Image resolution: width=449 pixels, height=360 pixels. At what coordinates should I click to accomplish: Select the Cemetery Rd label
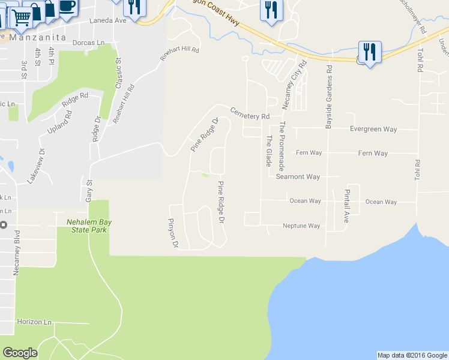click(x=250, y=113)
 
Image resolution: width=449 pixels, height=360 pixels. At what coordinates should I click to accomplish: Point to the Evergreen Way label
click(x=373, y=129)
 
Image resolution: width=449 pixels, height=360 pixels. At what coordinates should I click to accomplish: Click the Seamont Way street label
click(x=298, y=177)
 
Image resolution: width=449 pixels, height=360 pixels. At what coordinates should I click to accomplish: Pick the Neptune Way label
click(x=301, y=226)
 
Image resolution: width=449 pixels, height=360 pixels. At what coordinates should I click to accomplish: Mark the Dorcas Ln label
click(x=88, y=43)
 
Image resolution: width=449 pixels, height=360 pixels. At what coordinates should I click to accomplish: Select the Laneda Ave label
click(x=109, y=20)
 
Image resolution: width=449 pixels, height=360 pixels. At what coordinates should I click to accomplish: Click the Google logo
click(x=20, y=353)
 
